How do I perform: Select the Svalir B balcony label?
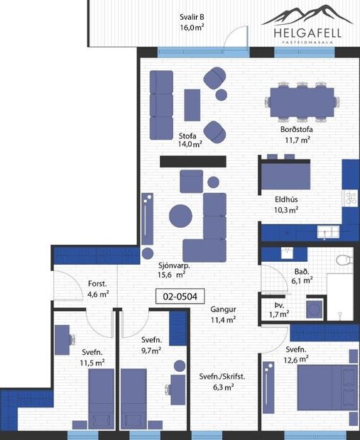coord(192,23)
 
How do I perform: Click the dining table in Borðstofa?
coord(301,101)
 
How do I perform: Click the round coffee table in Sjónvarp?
coord(180,214)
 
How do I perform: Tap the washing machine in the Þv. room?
coord(313,308)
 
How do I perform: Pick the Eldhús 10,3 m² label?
coord(286,204)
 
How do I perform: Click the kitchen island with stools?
coord(284,174)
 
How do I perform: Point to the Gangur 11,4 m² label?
coord(223,314)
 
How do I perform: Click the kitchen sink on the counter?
coord(327,230)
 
